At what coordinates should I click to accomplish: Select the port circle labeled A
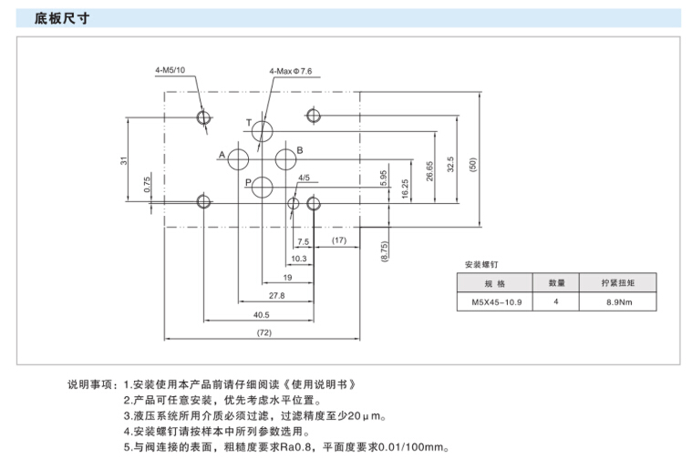click(x=239, y=160)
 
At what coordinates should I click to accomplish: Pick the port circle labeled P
click(x=262, y=188)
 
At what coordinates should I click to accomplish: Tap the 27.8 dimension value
click(x=275, y=295)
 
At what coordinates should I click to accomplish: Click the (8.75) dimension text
click(x=385, y=251)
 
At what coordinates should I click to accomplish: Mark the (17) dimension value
click(x=339, y=240)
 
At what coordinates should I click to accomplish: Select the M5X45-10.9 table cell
click(x=495, y=301)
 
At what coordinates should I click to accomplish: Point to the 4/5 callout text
click(x=304, y=178)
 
